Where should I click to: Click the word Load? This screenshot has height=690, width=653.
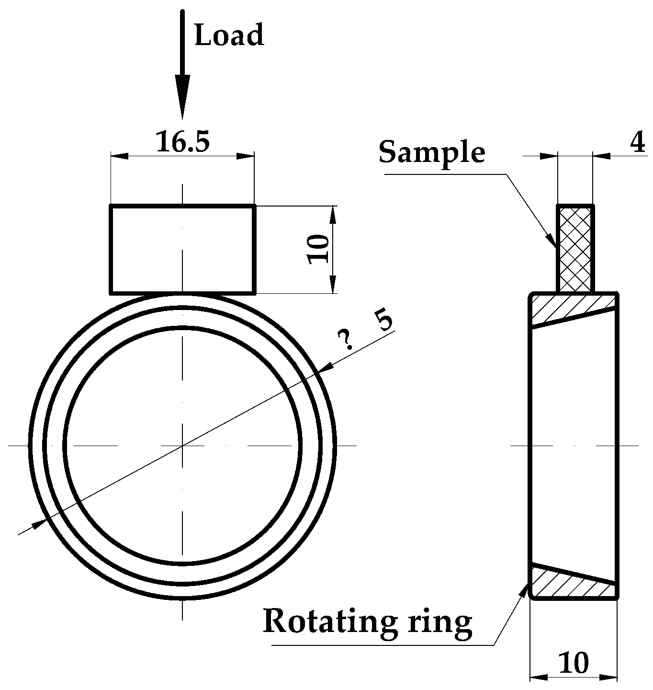(229, 35)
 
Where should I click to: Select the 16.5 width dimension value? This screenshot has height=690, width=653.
(183, 141)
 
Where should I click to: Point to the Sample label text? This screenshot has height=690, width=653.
(432, 152)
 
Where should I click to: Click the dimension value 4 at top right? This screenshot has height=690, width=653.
(637, 142)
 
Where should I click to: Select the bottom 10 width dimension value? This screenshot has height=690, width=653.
(573, 664)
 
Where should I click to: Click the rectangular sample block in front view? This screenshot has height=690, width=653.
(182, 249)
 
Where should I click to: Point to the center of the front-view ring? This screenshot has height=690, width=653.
(182, 446)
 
